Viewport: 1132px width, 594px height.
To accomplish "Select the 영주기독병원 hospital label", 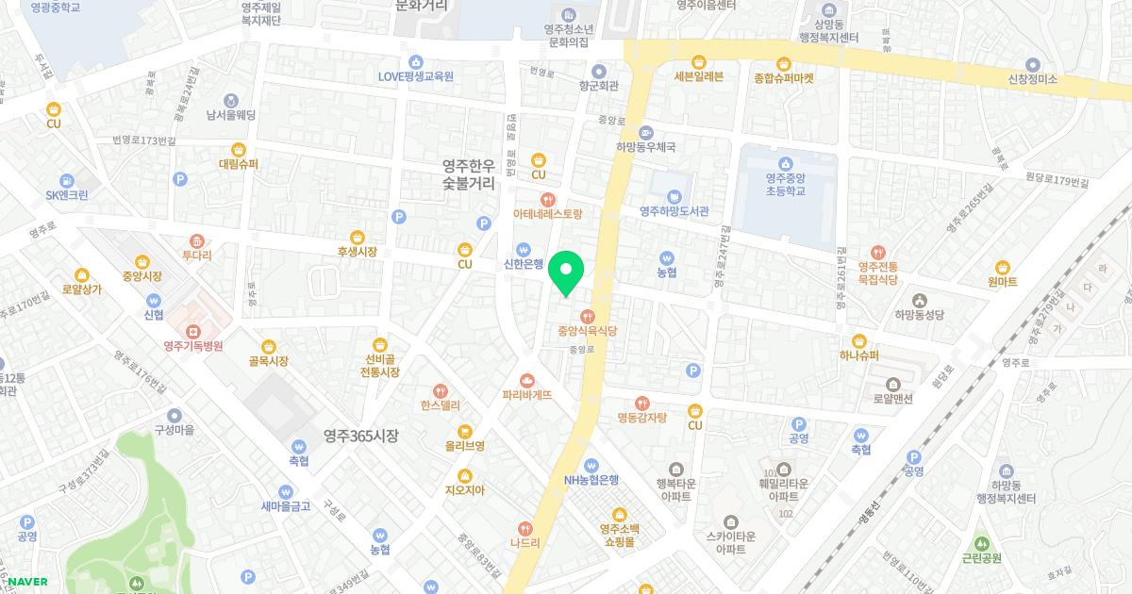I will pos(192,346).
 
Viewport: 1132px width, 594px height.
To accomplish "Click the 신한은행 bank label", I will pos(524,264).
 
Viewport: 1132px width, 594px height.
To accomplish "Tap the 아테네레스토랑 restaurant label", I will pos(547,214).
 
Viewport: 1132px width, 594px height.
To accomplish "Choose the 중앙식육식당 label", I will pos(587,331).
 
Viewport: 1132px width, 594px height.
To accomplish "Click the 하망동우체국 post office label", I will pos(646,147).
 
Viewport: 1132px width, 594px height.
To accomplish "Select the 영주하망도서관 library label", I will pos(674,211).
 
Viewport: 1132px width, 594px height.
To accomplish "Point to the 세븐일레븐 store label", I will pos(698,77).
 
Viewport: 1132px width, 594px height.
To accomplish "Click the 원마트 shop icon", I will pos(1003,267).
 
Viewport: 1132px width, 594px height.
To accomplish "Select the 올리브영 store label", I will pos(465,445).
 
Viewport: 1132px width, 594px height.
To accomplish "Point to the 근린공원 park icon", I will pos(982,543).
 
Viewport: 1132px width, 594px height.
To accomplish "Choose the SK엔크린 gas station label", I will pos(67,195).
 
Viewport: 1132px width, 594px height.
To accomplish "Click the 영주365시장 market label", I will pos(360,436).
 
